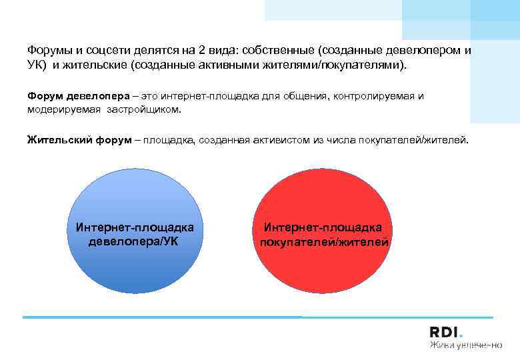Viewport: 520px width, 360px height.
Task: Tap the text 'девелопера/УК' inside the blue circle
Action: [133, 241]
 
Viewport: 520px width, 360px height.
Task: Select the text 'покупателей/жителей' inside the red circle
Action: [324, 241]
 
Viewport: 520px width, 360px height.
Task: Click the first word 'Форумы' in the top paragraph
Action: [51, 50]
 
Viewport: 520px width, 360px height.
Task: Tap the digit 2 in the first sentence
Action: [200, 50]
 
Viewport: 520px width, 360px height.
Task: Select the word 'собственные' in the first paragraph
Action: [279, 50]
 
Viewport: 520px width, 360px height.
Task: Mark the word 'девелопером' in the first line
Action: [419, 50]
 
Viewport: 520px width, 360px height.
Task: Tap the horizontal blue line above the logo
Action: [257, 317]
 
